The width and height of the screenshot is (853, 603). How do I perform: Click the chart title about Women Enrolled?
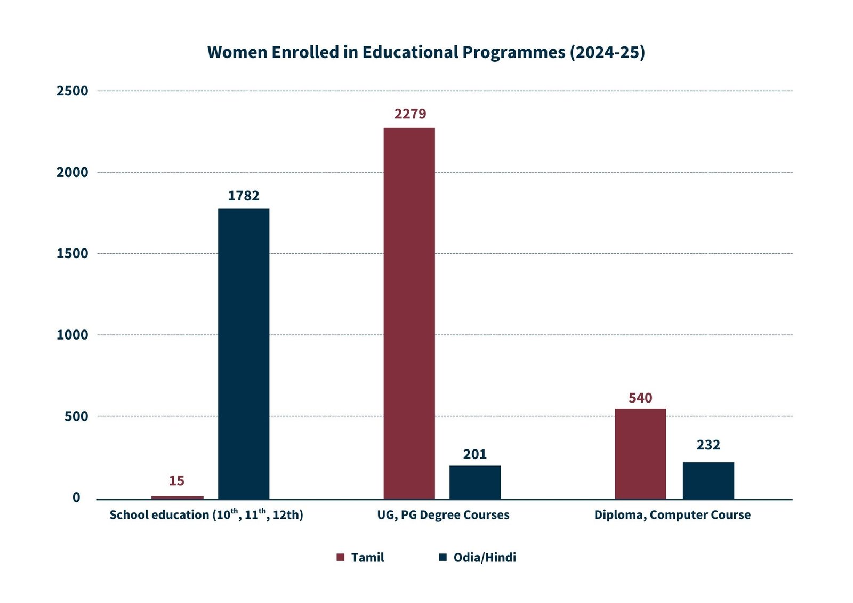[x=426, y=52]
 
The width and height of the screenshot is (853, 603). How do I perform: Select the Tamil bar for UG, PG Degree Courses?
[x=409, y=313]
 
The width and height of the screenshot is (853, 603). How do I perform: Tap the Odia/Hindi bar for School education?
[x=244, y=353]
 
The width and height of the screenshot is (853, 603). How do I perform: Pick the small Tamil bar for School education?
[x=177, y=497]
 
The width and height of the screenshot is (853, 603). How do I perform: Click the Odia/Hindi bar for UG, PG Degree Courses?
[x=474, y=482]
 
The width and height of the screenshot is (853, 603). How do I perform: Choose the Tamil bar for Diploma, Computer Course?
[x=640, y=454]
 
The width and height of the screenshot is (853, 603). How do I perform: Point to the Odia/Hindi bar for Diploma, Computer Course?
[x=708, y=480]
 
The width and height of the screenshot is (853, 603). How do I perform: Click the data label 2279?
[x=410, y=114]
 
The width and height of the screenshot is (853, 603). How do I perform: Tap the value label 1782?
[x=244, y=196]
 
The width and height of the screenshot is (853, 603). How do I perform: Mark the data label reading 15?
[x=176, y=481]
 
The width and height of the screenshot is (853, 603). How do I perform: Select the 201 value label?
[x=474, y=454]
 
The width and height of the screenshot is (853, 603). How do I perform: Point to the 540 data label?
[x=640, y=398]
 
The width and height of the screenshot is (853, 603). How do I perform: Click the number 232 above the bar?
[x=708, y=445]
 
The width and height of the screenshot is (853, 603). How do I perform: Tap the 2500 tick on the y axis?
[x=73, y=91]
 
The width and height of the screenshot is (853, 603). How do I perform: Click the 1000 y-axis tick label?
[x=73, y=335]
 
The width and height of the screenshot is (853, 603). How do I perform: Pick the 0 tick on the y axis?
[x=77, y=497]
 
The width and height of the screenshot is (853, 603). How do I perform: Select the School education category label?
[x=206, y=514]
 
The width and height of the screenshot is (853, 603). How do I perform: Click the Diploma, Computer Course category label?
[x=672, y=515]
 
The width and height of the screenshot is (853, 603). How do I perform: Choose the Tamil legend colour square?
[x=340, y=557]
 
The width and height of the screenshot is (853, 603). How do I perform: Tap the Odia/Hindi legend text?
[x=485, y=558]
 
